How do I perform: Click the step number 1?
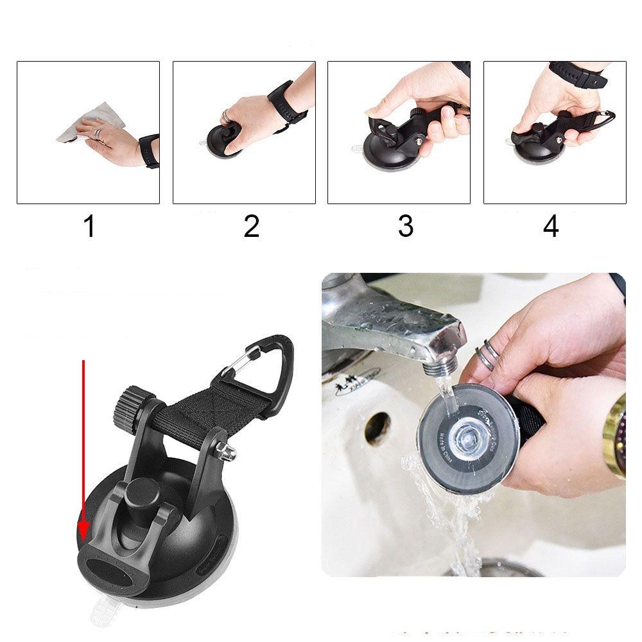89,226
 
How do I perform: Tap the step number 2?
251,226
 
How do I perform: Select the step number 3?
405,226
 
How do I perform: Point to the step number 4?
551,226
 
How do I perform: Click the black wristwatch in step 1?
149,151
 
